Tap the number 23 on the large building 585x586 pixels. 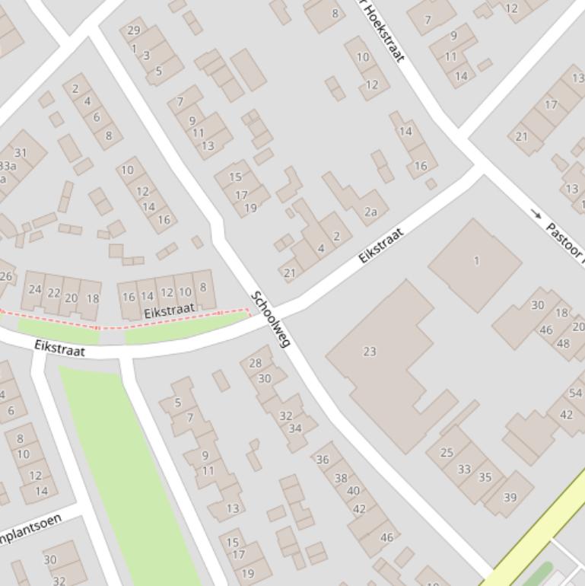(370, 352)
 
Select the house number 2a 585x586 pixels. (370, 212)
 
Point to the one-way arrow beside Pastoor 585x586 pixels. (537, 215)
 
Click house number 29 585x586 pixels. (134, 30)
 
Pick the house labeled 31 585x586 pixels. (21, 153)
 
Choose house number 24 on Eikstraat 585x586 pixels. (35, 289)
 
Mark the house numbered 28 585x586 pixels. (256, 363)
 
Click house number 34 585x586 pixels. (295, 428)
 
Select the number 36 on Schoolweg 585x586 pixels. (323, 459)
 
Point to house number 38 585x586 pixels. (341, 479)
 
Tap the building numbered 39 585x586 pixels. (510, 498)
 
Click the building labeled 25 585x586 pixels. (447, 454)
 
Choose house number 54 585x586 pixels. (575, 393)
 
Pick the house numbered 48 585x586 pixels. (563, 343)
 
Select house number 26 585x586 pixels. (6, 276)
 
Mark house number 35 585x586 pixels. (485, 478)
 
